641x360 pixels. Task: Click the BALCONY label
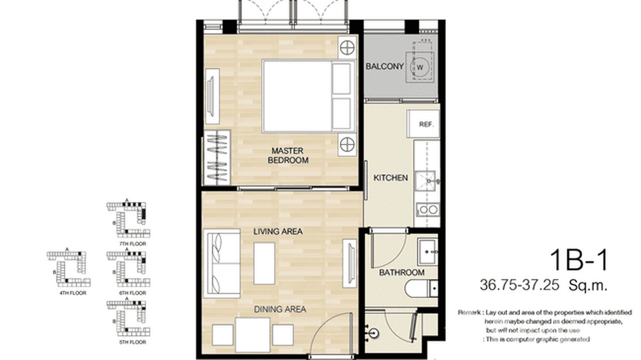point(385,66)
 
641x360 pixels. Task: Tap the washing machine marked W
point(420,67)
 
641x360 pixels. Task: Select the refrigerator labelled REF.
point(426,125)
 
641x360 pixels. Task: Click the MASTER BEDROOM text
point(288,156)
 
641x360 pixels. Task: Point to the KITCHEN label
point(390,178)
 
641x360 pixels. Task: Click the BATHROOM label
point(401,273)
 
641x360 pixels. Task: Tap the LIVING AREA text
point(278,232)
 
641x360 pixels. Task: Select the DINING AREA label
point(280,309)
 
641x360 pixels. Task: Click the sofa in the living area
point(222,264)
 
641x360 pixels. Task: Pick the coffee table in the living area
point(264,263)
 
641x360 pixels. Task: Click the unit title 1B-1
point(579,261)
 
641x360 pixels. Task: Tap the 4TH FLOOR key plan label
point(73,293)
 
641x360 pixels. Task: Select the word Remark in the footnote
point(470,312)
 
